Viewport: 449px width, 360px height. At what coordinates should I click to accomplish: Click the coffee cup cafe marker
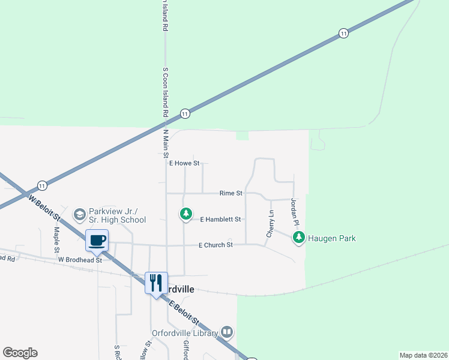click(97, 241)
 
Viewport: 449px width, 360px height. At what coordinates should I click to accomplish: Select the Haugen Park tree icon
click(298, 238)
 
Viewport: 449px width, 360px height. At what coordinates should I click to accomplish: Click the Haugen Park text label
click(332, 238)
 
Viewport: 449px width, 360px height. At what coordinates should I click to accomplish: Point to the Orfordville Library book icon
click(227, 332)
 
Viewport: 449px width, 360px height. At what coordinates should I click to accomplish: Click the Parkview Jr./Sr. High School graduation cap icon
click(79, 214)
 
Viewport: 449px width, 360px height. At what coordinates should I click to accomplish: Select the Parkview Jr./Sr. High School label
click(117, 215)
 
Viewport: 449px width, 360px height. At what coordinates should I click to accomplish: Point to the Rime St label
click(231, 193)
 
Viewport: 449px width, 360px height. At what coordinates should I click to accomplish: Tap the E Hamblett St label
click(220, 220)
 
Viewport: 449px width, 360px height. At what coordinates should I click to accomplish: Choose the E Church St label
click(215, 245)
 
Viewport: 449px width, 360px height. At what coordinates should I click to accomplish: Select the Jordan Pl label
click(295, 212)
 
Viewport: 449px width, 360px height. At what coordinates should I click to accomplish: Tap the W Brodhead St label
click(80, 260)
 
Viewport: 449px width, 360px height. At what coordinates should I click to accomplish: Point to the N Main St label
click(166, 143)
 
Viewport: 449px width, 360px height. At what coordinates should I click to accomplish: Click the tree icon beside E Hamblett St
click(186, 214)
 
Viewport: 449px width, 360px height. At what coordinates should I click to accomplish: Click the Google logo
click(20, 353)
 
